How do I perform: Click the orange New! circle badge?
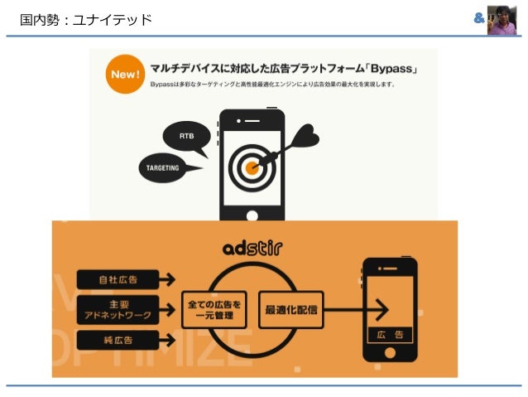pos(122,75)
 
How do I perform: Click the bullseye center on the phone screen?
pos(252,167)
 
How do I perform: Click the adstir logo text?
pos(254,248)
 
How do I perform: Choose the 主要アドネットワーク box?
pos(118,310)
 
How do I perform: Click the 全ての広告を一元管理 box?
pos(214,310)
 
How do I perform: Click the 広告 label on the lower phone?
pos(391,335)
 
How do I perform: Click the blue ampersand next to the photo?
pos(478,18)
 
